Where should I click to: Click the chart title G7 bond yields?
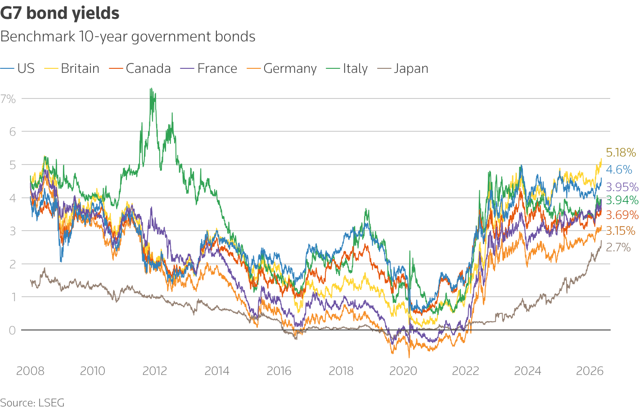click(59, 13)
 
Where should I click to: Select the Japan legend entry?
click(403, 69)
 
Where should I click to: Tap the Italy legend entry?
click(347, 69)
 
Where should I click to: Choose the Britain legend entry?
click(72, 69)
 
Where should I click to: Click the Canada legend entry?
click(140, 69)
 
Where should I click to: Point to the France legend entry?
click(209, 69)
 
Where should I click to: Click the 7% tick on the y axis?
click(8, 99)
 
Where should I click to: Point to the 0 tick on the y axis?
click(12, 330)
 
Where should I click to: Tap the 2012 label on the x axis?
click(155, 371)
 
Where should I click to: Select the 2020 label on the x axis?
click(403, 371)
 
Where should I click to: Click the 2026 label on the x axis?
click(589, 371)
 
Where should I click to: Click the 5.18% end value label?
click(621, 153)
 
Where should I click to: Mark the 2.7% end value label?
click(618, 247)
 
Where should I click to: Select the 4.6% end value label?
click(619, 170)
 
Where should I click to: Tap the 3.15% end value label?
click(621, 231)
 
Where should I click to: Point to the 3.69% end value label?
click(622, 215)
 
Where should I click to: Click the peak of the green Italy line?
click(151, 88)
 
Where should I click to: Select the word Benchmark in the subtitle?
click(38, 36)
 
